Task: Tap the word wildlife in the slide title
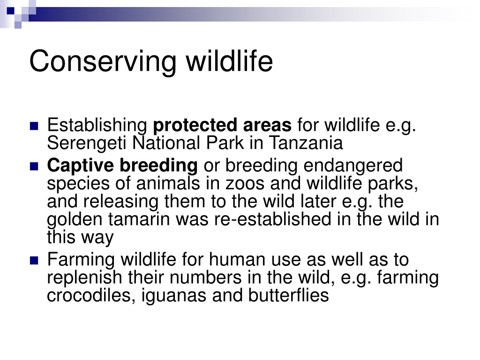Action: (230, 61)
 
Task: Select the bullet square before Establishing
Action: (34, 126)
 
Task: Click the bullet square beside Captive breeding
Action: (34, 166)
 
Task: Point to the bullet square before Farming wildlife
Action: (34, 261)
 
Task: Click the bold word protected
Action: (195, 126)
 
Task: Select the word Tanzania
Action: (306, 143)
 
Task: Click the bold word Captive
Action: (81, 166)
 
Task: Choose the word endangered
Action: (353, 166)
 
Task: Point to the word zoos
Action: (245, 184)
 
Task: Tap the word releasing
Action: (121, 202)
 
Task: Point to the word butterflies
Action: (289, 296)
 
